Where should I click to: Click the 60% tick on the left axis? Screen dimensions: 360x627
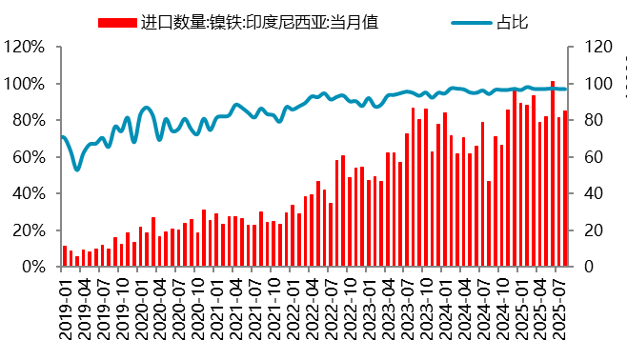(x=28, y=157)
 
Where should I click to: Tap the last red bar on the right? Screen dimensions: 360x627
(x=565, y=189)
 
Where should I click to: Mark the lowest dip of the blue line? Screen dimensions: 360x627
(x=77, y=170)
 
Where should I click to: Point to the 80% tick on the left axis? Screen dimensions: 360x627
(x=28, y=120)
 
